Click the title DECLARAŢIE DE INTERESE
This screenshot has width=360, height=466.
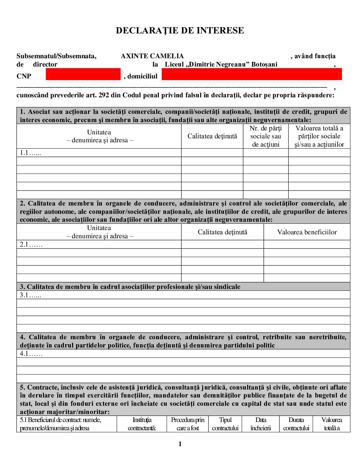[x=180, y=31]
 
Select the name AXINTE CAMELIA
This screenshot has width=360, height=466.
[x=152, y=56]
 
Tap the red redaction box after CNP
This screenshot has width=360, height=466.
[x=83, y=74]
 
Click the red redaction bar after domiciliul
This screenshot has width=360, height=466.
[x=251, y=74]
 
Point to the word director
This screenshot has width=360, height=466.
[x=45, y=65]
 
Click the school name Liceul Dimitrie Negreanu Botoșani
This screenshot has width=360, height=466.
[x=221, y=65]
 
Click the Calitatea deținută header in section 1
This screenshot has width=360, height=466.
[x=212, y=136]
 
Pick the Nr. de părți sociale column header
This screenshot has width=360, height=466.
[x=266, y=136]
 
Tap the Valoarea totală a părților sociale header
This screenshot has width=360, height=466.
[x=319, y=136]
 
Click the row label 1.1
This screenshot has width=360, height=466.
[x=30, y=153]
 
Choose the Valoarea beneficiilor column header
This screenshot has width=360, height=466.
[x=307, y=232]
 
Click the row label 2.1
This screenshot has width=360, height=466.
[x=31, y=245]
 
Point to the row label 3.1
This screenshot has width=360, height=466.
[x=30, y=295]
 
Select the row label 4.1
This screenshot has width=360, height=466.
[x=31, y=354]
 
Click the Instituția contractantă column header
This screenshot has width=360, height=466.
[x=142, y=424]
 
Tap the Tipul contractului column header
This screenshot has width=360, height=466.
[x=225, y=424]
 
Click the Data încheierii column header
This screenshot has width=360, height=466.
[x=261, y=424]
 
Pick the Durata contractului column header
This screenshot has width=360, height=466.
[x=296, y=424]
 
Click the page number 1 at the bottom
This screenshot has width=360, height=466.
[x=180, y=444]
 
